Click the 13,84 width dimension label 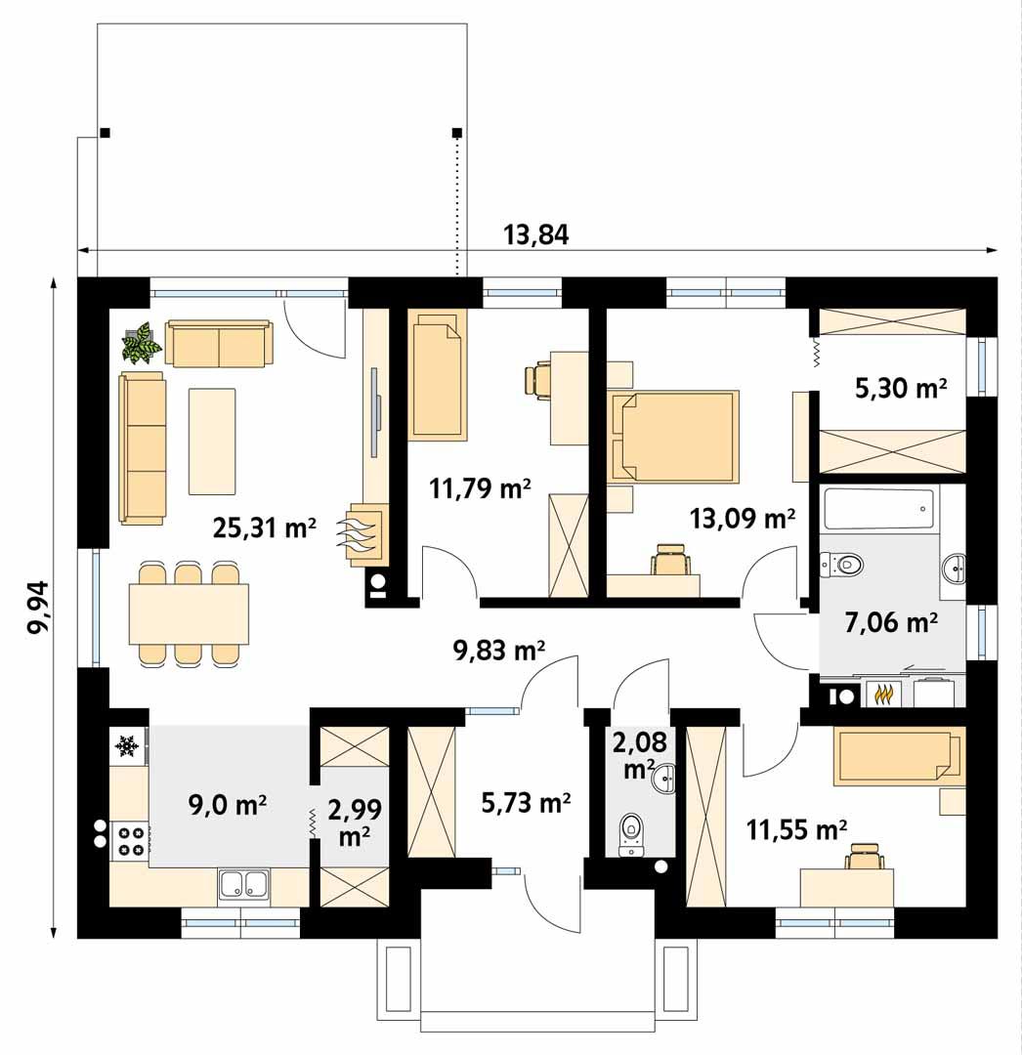535,235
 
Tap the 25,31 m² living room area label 264,528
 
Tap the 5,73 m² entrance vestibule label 526,803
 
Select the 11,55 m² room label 796,830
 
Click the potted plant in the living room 142,343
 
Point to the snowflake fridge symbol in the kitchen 126,746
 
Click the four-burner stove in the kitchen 131,840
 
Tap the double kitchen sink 243,884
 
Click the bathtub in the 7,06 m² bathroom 877,509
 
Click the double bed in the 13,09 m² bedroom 674,436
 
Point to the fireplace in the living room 365,533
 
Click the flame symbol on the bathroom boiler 884,695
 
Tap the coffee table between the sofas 212,441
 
